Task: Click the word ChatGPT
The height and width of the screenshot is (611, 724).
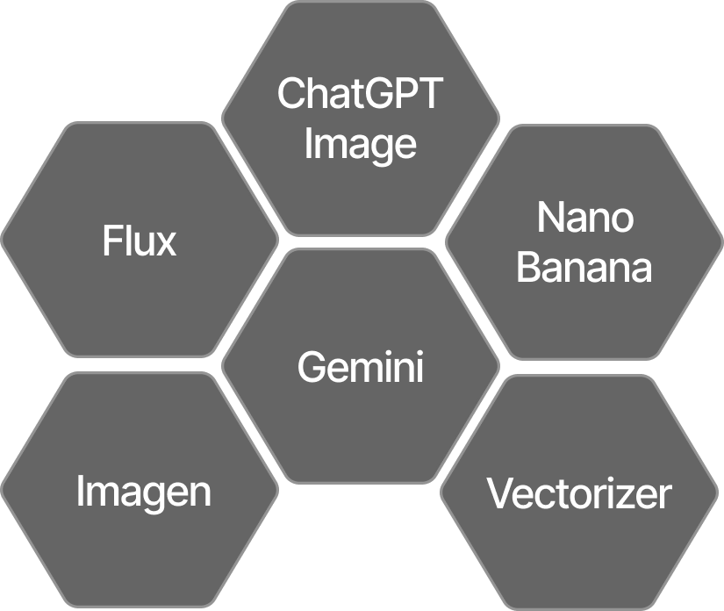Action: [x=360, y=93]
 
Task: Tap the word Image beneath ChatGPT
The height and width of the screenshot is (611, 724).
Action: [x=360, y=143]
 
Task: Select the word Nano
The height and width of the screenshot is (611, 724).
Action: [x=584, y=217]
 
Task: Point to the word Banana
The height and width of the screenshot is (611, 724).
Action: [x=584, y=268]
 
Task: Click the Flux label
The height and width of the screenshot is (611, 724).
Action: [x=140, y=241]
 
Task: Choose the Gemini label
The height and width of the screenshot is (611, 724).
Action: [x=360, y=366]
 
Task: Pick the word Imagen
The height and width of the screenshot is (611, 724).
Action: [x=144, y=492]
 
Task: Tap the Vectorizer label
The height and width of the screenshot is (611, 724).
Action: [x=579, y=493]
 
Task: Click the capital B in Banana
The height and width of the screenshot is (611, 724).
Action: [x=529, y=268]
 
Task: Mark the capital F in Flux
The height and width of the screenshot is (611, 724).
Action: [x=111, y=241]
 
